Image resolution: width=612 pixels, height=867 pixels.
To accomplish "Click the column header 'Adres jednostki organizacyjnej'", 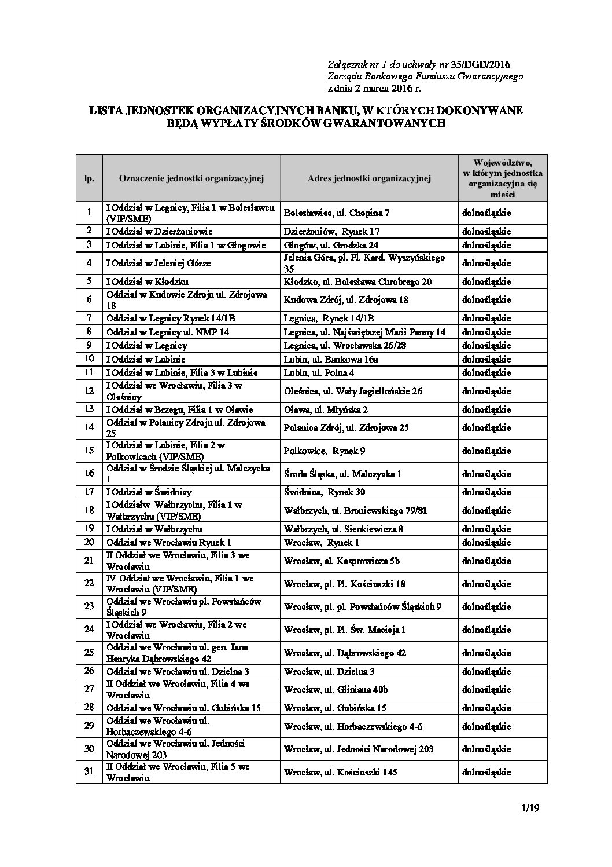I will pyautogui.click(x=370, y=178).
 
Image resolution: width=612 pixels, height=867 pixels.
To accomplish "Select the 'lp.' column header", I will pyautogui.click(x=89, y=178).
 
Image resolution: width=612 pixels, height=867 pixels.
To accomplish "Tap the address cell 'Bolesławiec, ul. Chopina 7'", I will pyautogui.click(x=337, y=213).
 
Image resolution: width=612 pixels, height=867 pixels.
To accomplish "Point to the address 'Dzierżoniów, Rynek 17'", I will pyautogui.click(x=332, y=231).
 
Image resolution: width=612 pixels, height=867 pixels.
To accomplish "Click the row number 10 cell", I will pyautogui.click(x=89, y=359).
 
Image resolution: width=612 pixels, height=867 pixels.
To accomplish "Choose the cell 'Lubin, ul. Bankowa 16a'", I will pyautogui.click(x=331, y=359).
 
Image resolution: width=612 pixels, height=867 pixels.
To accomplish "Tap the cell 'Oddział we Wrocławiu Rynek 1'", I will pyautogui.click(x=168, y=543).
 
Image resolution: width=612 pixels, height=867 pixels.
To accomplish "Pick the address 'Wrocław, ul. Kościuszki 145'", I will pyautogui.click(x=341, y=772).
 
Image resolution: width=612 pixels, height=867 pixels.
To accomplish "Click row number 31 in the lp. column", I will pyautogui.click(x=89, y=772).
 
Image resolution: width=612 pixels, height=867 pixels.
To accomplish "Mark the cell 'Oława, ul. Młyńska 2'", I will pyautogui.click(x=325, y=410).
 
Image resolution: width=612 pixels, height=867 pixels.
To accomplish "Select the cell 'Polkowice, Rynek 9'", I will pyautogui.click(x=324, y=451).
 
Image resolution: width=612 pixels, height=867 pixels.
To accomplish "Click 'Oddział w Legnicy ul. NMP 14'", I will pyautogui.click(x=167, y=332).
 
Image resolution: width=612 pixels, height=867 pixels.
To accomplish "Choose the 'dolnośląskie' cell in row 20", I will pyautogui.click(x=486, y=543).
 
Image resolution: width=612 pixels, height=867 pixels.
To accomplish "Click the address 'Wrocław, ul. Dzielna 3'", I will pyautogui.click(x=329, y=672).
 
